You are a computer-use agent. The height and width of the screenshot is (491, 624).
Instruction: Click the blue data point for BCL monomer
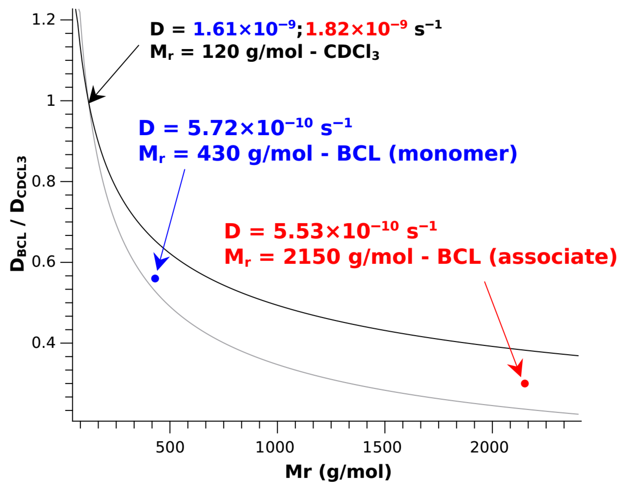click(155, 279)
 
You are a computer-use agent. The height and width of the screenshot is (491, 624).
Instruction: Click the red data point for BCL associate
click(525, 383)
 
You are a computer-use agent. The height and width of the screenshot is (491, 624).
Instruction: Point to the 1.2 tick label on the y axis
click(43, 20)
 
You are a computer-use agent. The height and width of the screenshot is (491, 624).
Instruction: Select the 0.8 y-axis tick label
click(43, 181)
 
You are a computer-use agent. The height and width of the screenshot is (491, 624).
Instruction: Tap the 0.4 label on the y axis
click(43, 343)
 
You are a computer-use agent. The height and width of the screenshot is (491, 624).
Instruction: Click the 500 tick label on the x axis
click(170, 448)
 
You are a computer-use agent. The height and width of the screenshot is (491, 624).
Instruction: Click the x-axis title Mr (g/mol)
click(338, 472)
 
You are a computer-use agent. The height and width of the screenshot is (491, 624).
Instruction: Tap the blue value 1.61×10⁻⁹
click(244, 29)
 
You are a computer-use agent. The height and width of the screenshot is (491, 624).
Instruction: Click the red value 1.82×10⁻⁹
click(356, 29)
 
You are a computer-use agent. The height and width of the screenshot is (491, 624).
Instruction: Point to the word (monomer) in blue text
click(453, 154)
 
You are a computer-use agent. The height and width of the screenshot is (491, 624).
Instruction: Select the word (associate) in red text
click(553, 257)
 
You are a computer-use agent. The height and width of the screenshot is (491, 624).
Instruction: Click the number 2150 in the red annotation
click(312, 257)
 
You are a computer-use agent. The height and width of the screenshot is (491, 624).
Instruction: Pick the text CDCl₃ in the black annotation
click(351, 52)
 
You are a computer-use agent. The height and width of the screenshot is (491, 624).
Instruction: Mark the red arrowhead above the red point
click(517, 368)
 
